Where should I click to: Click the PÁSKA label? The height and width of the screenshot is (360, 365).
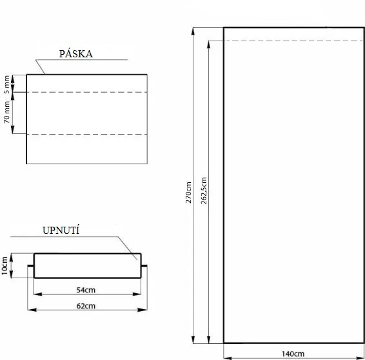76,53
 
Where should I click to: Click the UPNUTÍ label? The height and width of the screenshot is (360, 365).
61,230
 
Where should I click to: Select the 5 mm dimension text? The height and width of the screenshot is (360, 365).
7,84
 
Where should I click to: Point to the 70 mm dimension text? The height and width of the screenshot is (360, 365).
7,112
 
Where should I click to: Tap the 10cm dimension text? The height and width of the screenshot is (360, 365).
5,265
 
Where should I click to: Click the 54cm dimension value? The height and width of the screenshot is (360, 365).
86,290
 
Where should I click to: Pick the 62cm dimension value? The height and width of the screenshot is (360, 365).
86,306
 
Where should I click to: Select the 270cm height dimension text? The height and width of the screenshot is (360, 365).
188,193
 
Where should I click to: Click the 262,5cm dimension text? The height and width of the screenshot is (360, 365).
204,191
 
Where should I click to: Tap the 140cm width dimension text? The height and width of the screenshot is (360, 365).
293,354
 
